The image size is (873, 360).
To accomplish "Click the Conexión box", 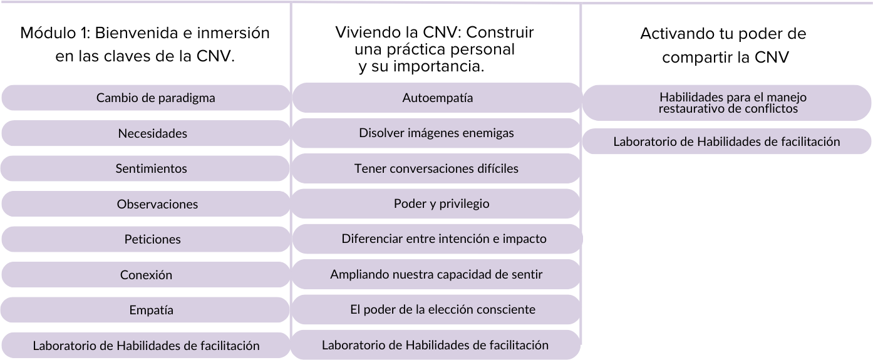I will click(146, 275).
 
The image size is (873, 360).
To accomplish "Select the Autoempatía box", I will click(436, 98).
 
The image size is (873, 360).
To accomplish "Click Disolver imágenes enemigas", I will click(436, 133).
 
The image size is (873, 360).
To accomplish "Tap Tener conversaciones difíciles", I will click(436, 169).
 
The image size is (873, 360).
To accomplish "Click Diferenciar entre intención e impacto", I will click(444, 239).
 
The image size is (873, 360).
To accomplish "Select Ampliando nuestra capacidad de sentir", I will click(436, 275).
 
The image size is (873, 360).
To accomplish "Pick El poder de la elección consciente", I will click(443, 310).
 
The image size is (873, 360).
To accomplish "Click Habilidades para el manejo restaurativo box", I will click(728, 103).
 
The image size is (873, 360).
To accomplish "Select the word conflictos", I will click(768, 108).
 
